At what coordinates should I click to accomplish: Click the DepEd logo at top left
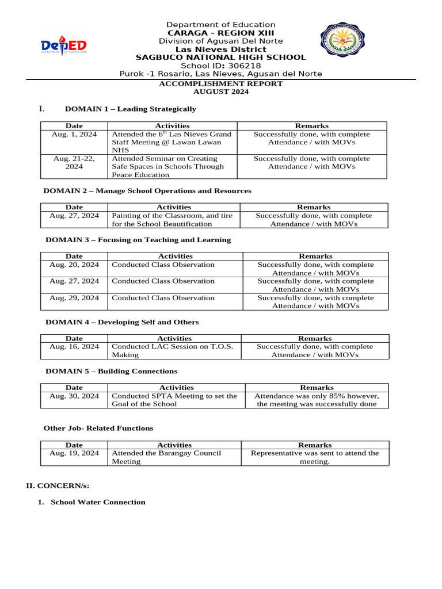tap(63, 46)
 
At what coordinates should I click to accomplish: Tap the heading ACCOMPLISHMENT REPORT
tap(221, 83)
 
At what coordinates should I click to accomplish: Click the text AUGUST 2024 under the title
tap(221, 92)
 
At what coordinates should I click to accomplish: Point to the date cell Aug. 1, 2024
tap(74, 134)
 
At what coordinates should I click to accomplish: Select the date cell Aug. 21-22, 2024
tap(74, 162)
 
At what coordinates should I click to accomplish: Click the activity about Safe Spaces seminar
tap(168, 166)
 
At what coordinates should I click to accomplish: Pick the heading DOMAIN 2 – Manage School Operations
tap(148, 190)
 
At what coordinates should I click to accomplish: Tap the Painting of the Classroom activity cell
tap(172, 220)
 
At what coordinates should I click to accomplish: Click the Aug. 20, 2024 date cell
tap(74, 265)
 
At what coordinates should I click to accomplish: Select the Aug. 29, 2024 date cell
tap(74, 298)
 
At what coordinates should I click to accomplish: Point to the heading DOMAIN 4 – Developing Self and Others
tap(122, 322)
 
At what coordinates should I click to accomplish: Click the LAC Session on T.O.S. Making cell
tap(172, 350)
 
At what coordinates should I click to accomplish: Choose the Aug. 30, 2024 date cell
tap(74, 396)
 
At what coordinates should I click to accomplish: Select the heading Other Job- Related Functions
tap(98, 428)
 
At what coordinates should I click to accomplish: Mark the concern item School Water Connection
tap(98, 502)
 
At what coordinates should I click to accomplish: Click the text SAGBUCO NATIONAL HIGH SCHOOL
tap(220, 58)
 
